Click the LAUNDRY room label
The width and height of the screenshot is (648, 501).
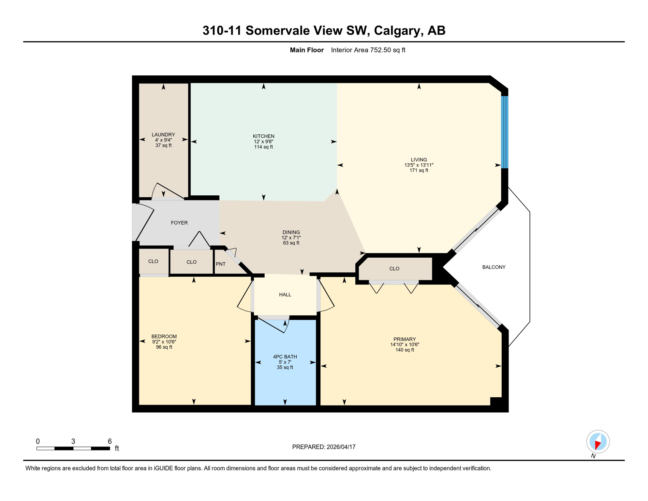click(163, 134)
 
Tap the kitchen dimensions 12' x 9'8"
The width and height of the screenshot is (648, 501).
click(263, 142)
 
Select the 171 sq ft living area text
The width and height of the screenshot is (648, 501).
click(419, 170)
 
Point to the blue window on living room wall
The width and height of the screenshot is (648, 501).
click(504, 132)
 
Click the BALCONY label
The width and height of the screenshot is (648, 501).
click(493, 267)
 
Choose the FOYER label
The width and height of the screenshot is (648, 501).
click(179, 223)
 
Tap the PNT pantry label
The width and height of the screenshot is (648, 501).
click(221, 264)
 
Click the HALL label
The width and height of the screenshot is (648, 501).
click(285, 295)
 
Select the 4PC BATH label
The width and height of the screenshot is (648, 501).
click(285, 357)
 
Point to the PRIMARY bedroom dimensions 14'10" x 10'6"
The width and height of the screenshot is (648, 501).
click(404, 344)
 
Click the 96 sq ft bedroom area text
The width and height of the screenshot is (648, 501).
click(164, 347)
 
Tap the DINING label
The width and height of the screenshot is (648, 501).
click(291, 232)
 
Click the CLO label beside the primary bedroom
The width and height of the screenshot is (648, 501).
click(394, 269)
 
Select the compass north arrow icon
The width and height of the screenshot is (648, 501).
click(598, 442)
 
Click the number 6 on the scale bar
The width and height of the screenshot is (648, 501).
click(110, 441)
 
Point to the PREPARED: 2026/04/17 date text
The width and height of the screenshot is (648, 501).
click(324, 447)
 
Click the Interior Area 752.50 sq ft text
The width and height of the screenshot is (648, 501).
click(368, 50)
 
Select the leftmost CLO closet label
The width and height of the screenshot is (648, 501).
click(153, 261)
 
